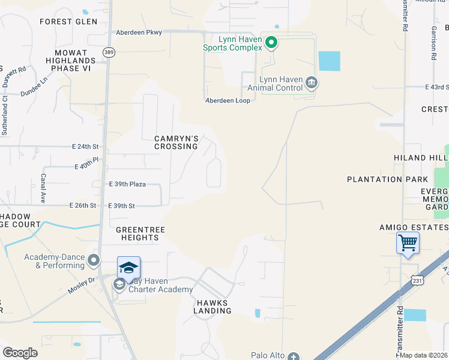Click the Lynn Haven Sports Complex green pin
coord(271,42)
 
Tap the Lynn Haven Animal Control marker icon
coord(311,82)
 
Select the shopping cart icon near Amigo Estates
coord(408,244)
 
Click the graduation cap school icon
coord(128,267)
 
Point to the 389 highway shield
coord(109,53)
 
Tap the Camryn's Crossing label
coord(176,142)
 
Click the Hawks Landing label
coord(212,307)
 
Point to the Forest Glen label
coord(68,22)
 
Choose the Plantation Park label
coord(387,179)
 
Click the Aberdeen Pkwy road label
coord(139,32)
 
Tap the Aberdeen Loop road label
coord(228,100)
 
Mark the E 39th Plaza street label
coord(127,185)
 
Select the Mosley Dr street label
coord(82,280)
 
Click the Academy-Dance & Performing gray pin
coord(93,260)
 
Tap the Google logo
coord(20,353)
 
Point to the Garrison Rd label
coord(433,43)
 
